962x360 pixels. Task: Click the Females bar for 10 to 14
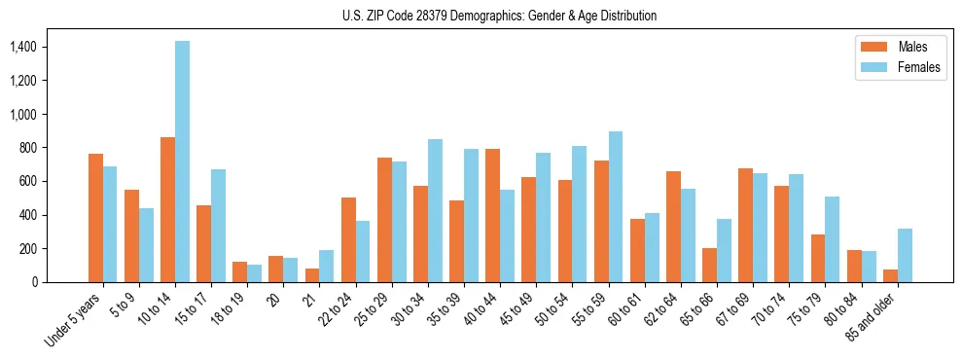183,162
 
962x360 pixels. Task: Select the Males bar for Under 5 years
95,218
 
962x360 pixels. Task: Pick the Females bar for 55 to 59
616,206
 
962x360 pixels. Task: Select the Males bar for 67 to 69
745,225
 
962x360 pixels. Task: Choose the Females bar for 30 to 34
435,210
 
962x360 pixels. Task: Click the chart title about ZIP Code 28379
499,16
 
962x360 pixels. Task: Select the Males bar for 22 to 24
348,239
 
